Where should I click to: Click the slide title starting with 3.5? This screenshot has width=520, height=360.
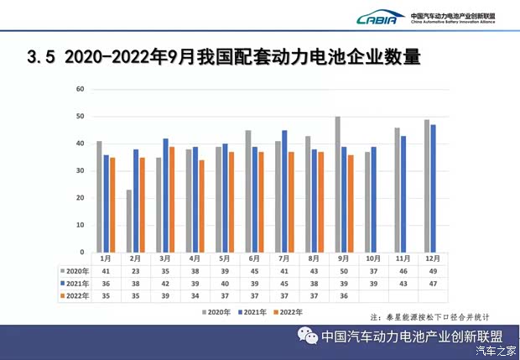223,57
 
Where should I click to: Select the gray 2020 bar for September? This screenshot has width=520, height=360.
338,185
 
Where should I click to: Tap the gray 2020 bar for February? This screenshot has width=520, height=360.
128,221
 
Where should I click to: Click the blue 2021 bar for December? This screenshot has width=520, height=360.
433,188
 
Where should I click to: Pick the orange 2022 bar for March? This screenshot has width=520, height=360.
172,199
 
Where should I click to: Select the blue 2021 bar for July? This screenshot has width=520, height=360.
284,190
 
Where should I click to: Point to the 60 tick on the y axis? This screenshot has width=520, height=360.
81,89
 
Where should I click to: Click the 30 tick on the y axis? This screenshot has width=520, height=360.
81,170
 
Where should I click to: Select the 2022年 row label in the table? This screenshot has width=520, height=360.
74,296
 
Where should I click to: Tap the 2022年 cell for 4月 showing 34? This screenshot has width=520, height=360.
195,296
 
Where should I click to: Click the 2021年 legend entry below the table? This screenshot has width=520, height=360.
252,312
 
